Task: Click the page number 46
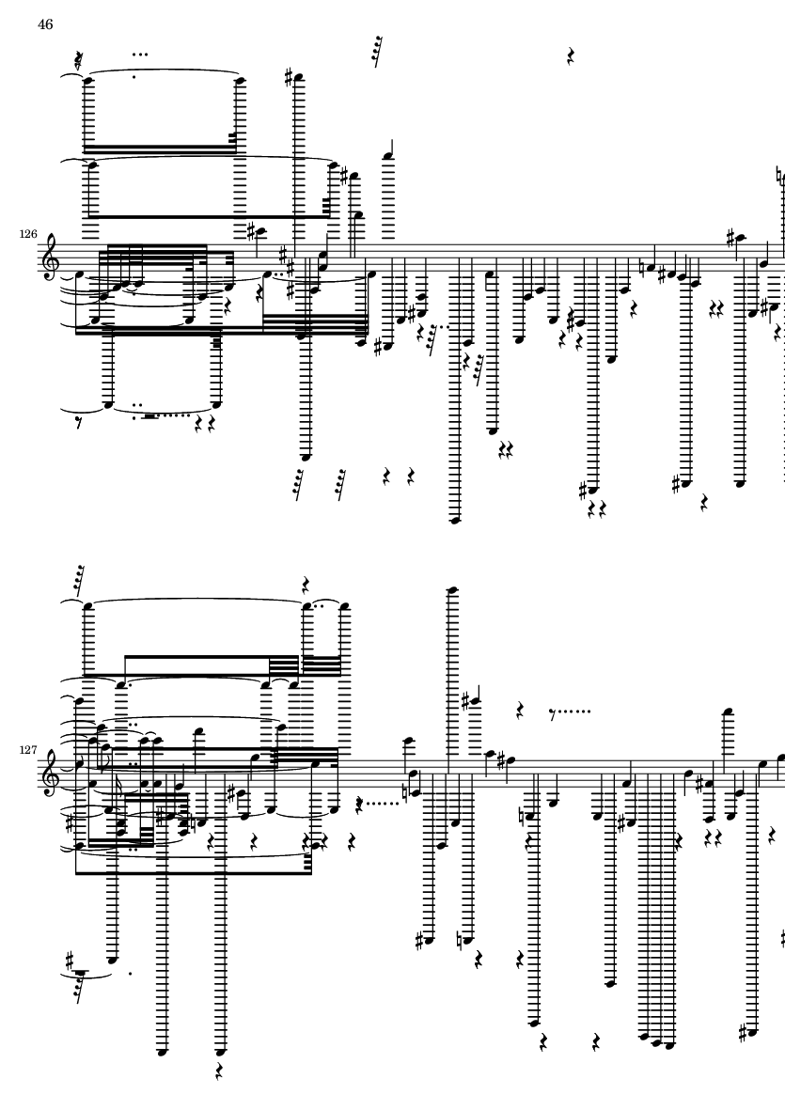[x=45, y=24]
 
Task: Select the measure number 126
[x=28, y=234]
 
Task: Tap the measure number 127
[x=28, y=750]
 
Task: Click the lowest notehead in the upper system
[x=456, y=521]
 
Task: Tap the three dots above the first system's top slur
[x=140, y=55]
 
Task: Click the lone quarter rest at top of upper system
[x=571, y=56]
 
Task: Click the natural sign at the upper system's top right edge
[x=779, y=175]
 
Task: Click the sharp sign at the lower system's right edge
[x=782, y=939]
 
